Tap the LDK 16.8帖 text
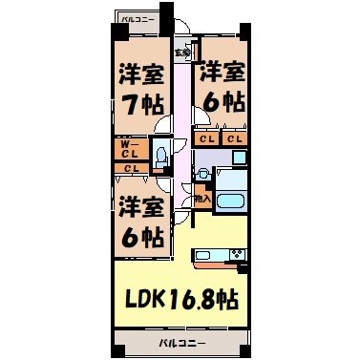click(178, 298)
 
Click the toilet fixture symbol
click(161, 152)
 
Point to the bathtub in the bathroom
click(230, 201)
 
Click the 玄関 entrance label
click(180, 52)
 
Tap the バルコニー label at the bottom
click(178, 341)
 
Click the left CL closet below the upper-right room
click(206, 139)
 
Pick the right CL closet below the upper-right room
click(234, 139)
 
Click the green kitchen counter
click(209, 254)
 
